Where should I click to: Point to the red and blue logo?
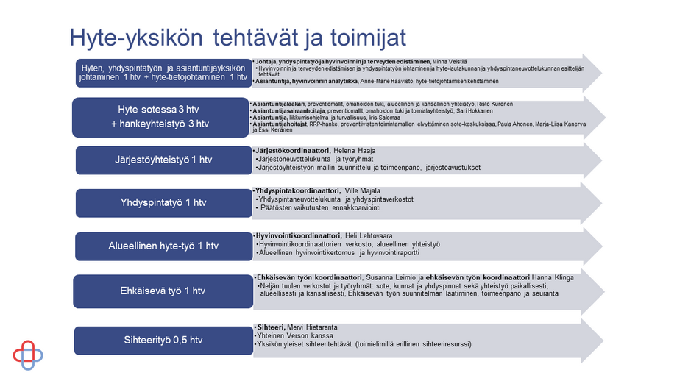click(28, 355)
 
